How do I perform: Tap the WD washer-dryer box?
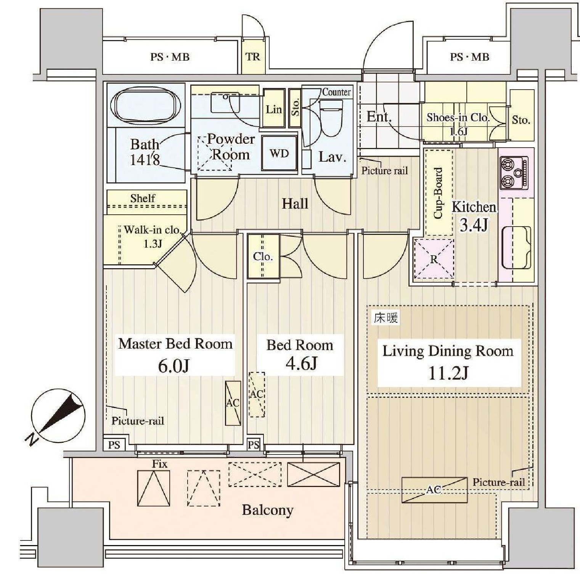click(279, 153)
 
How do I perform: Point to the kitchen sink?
click(516, 247)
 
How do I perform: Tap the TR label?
click(253, 57)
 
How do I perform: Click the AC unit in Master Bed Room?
click(233, 403)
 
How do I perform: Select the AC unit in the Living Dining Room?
click(434, 490)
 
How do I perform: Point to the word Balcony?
click(268, 510)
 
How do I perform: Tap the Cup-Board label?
click(438, 193)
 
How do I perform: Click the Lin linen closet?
click(274, 109)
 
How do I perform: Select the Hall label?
click(295, 203)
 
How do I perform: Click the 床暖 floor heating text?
click(386, 318)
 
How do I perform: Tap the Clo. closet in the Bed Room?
click(263, 256)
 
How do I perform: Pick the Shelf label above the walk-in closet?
click(143, 198)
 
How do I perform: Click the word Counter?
click(336, 92)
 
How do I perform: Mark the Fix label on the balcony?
click(160, 464)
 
